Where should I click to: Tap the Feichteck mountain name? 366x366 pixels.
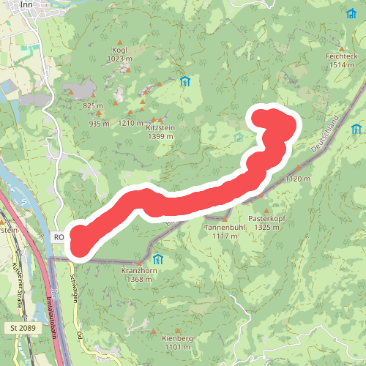tap(342, 56)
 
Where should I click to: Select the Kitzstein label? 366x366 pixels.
tap(161, 127)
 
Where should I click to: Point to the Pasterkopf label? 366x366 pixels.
tap(265, 218)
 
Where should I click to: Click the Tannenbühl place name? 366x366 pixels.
tap(224, 228)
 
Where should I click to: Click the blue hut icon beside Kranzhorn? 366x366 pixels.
tap(158, 259)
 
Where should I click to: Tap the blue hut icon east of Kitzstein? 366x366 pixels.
tap(185, 82)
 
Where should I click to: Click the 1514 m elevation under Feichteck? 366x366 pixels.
tap(342, 64)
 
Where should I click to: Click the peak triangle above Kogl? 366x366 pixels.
tap(120, 42)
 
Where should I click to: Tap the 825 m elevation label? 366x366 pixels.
tap(93, 105)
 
